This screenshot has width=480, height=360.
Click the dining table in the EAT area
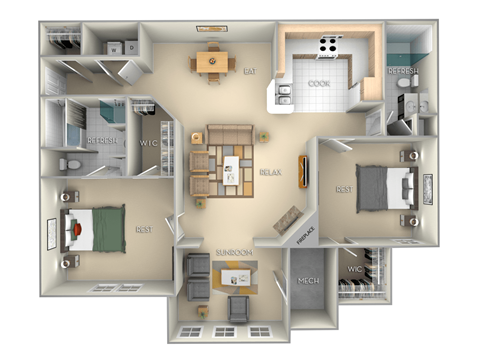(x=211, y=62)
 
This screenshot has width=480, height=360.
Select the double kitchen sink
(x=282, y=97)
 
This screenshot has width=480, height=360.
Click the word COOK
(x=319, y=84)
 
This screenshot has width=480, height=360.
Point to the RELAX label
(x=269, y=172)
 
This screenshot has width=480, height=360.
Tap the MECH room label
(x=309, y=281)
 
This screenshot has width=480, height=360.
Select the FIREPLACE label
(x=309, y=234)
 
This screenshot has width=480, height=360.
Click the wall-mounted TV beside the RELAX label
(x=301, y=170)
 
